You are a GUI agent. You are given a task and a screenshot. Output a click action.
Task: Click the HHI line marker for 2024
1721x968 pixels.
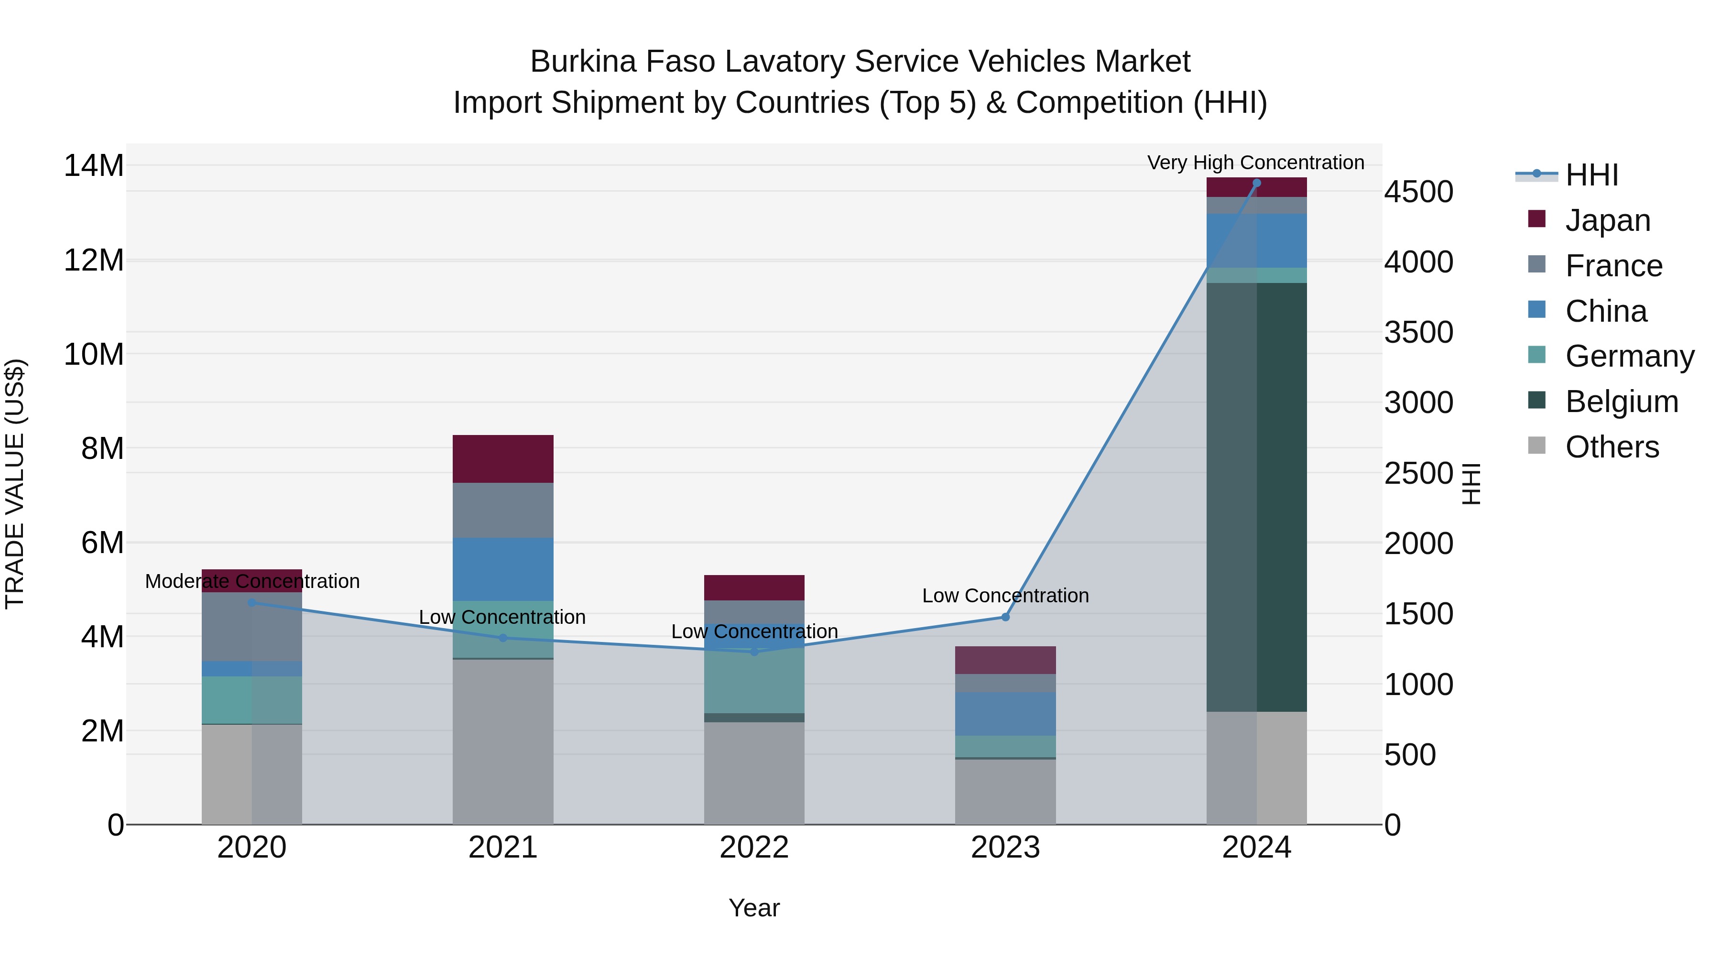click(x=1256, y=183)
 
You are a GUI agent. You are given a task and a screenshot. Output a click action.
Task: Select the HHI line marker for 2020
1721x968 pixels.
click(x=252, y=603)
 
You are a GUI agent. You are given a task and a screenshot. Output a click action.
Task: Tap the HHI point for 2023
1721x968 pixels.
click(x=1005, y=617)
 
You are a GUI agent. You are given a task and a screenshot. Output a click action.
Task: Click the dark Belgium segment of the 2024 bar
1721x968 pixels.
click(x=1256, y=497)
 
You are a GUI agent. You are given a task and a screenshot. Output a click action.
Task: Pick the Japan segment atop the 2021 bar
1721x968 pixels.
click(x=502, y=459)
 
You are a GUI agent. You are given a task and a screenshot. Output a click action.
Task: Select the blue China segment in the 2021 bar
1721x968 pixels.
click(x=502, y=569)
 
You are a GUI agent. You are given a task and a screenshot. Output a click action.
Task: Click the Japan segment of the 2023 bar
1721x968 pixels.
click(x=1005, y=660)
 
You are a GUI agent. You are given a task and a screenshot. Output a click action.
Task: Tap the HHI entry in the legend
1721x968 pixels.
click(x=1591, y=175)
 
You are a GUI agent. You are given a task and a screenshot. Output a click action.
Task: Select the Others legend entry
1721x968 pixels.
click(x=1612, y=447)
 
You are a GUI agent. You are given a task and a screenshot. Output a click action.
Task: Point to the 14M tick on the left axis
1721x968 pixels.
click(x=94, y=166)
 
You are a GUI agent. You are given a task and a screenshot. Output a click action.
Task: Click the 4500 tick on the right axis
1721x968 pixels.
click(x=1418, y=192)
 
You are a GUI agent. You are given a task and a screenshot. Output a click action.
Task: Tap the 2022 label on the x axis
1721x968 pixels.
click(x=753, y=848)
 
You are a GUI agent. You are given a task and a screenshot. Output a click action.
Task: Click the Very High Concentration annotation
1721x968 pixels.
click(x=1255, y=163)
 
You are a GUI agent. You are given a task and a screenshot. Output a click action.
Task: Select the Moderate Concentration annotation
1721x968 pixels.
click(x=252, y=581)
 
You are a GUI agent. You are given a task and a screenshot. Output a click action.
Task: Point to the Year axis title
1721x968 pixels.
click(x=753, y=908)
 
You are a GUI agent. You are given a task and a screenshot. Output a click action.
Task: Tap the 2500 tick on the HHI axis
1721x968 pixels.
click(x=1418, y=474)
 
